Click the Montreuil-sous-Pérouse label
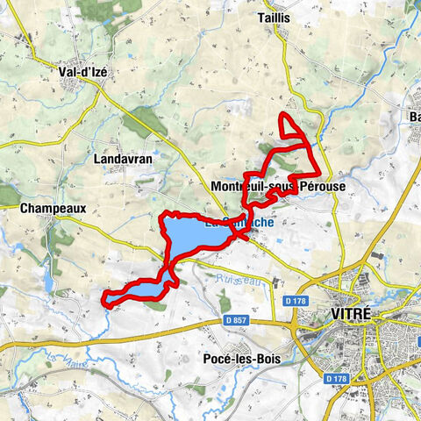tap(278, 188)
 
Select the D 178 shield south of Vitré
tap(337, 379)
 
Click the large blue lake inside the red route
tap(189, 235)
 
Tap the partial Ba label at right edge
tap(413, 118)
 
